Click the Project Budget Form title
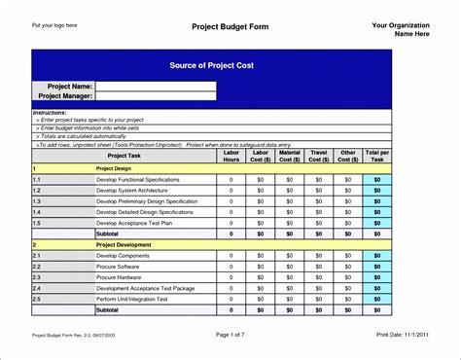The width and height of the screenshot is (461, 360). (x=230, y=26)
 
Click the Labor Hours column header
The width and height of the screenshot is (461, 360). (x=230, y=156)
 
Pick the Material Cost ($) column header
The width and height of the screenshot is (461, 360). (x=289, y=156)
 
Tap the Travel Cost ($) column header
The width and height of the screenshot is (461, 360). (x=318, y=156)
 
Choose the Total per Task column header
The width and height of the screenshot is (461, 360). (x=377, y=156)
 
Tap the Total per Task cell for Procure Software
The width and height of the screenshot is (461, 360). (x=377, y=266)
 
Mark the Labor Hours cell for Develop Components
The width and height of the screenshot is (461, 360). (x=230, y=255)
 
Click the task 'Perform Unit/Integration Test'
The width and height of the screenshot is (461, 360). (x=137, y=299)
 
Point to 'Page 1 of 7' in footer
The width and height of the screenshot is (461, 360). (x=230, y=335)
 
